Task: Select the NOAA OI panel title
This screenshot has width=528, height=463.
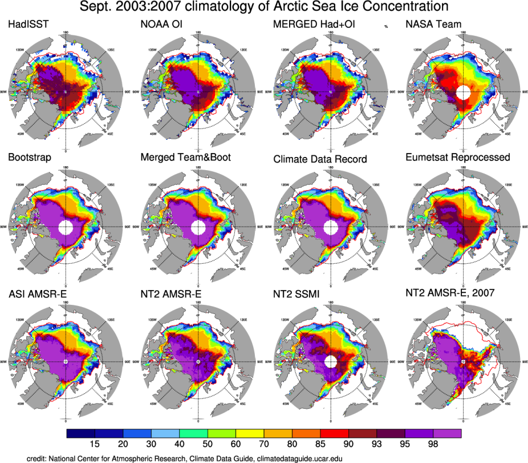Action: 159,25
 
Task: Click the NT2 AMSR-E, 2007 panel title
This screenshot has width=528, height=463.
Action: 448,293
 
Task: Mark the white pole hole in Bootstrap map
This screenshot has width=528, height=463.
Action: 66,228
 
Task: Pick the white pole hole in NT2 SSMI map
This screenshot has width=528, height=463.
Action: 330,362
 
